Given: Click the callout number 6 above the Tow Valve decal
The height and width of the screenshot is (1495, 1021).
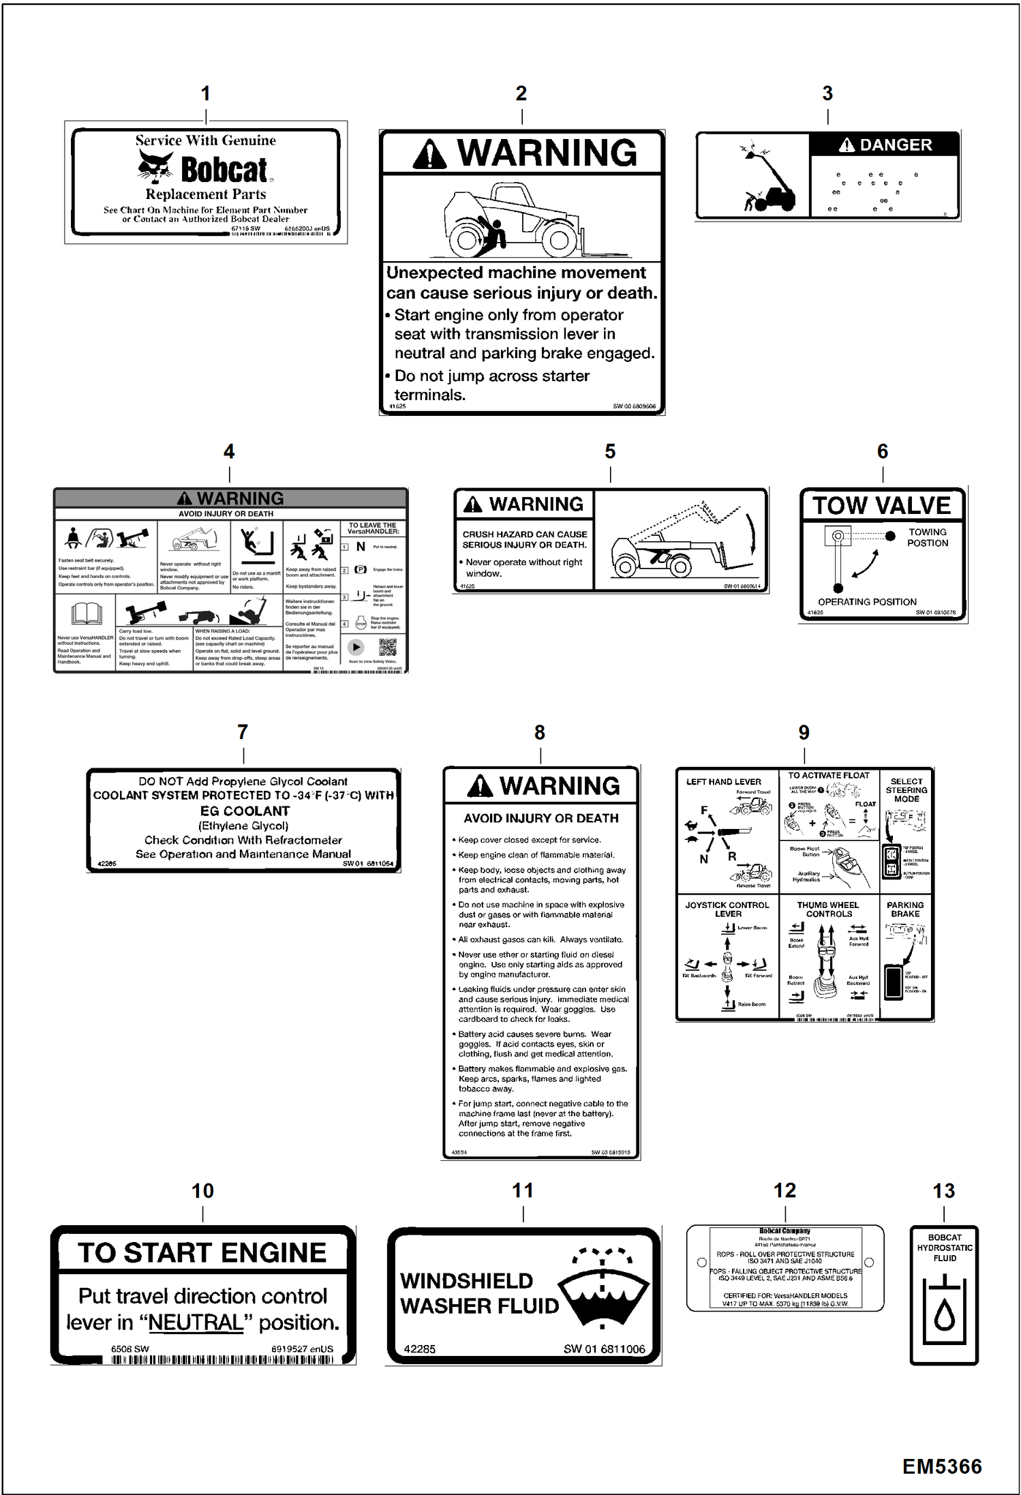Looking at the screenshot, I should click(882, 451).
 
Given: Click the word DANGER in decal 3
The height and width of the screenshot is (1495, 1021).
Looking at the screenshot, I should click(895, 145).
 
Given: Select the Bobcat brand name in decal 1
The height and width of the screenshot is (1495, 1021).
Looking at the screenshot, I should click(224, 170).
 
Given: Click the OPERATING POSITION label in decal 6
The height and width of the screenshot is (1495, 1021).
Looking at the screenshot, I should click(867, 602).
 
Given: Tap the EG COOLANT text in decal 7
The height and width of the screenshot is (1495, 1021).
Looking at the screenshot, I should click(244, 811).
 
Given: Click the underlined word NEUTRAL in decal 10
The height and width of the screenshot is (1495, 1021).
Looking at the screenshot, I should click(196, 1323).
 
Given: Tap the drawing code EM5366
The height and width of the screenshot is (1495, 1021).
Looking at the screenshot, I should click(942, 1467).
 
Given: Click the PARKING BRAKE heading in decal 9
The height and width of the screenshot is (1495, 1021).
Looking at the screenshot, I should click(905, 909).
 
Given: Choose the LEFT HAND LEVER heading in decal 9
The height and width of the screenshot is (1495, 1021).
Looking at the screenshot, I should click(723, 782).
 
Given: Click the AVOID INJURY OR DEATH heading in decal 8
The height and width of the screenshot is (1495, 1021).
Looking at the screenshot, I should click(541, 818).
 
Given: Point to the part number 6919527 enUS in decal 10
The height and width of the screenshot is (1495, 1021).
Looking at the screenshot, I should click(302, 1349).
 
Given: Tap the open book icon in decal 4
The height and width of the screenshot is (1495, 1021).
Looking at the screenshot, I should click(87, 614).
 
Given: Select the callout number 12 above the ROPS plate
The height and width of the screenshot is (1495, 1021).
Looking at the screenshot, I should click(784, 1191).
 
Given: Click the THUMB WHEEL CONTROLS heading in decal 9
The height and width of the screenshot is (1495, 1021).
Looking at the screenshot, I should click(828, 909).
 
